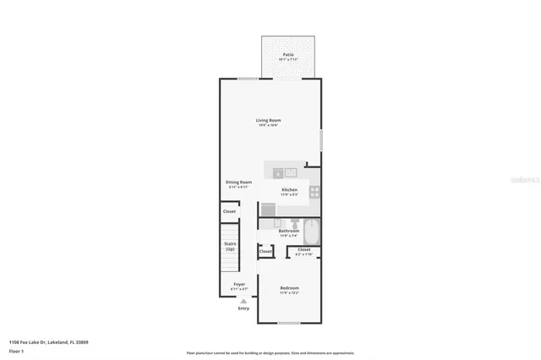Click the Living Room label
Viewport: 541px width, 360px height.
click(x=269, y=121)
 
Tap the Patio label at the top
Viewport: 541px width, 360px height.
click(x=288, y=55)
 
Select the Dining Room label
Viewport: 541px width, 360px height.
click(x=238, y=183)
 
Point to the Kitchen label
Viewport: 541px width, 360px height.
click(x=289, y=190)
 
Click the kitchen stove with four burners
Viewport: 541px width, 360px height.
click(x=314, y=191)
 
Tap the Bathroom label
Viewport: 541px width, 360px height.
click(x=289, y=231)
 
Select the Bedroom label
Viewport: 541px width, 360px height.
click(x=289, y=289)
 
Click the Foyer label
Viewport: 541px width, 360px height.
click(x=239, y=285)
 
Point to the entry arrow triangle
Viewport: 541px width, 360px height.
click(x=243, y=301)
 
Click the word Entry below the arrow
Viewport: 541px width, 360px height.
click(x=243, y=308)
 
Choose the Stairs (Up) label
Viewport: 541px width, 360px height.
click(x=230, y=246)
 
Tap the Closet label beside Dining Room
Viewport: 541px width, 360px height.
click(x=229, y=211)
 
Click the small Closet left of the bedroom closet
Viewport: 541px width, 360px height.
click(x=265, y=251)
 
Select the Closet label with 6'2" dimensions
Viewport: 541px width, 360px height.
click(x=304, y=250)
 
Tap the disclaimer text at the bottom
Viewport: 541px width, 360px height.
click(x=270, y=352)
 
